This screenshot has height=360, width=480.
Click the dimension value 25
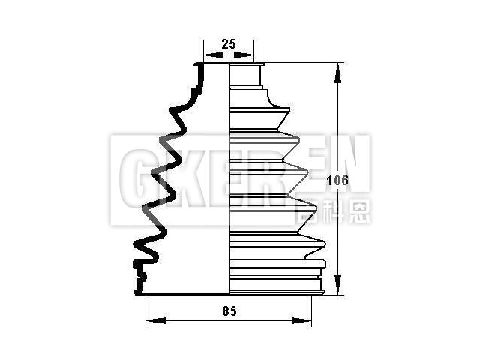click(x=229, y=44)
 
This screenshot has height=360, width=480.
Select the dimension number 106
click(x=338, y=181)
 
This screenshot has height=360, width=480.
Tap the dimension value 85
click(x=229, y=310)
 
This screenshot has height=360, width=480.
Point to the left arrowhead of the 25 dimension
click(x=209, y=55)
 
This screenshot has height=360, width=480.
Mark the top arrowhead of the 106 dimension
click(x=339, y=73)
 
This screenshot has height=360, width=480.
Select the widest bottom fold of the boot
click(x=277, y=244)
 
